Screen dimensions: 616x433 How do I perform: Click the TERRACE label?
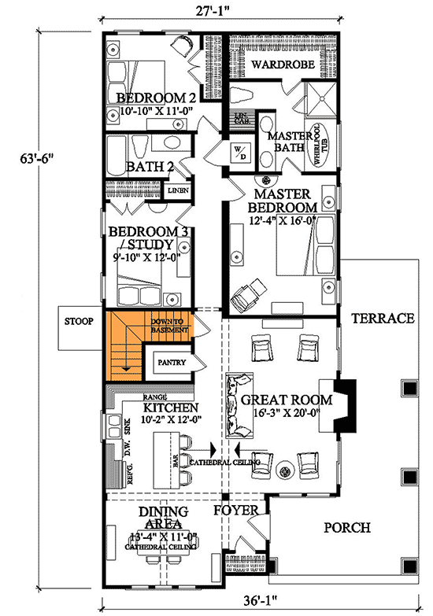click(383, 319)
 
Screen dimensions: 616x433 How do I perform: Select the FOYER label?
click(236, 511)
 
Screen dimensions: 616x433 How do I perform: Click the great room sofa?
click(237, 406)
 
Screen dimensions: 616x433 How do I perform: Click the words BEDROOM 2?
click(156, 98)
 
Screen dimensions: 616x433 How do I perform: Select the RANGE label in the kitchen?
click(154, 398)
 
